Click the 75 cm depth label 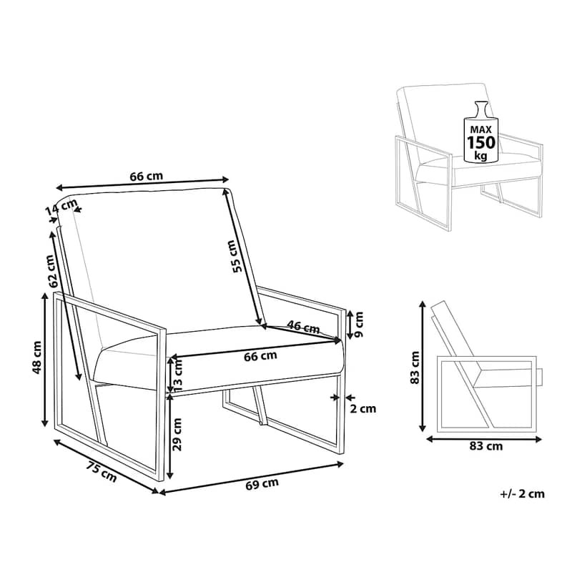click(x=102, y=471)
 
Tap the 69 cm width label click(x=262, y=484)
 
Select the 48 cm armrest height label click(x=37, y=357)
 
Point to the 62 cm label click(x=52, y=271)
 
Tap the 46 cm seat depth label click(x=303, y=327)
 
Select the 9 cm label click(x=359, y=324)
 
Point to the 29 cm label click(x=177, y=434)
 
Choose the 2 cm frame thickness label click(x=363, y=408)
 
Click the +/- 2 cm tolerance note click(x=523, y=494)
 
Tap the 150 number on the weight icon click(x=481, y=142)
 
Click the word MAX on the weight click(x=480, y=129)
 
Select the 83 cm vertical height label click(x=415, y=368)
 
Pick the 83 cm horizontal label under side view click(x=486, y=445)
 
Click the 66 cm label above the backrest click(x=147, y=176)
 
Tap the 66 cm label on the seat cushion click(x=260, y=355)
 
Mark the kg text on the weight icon click(x=480, y=156)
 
